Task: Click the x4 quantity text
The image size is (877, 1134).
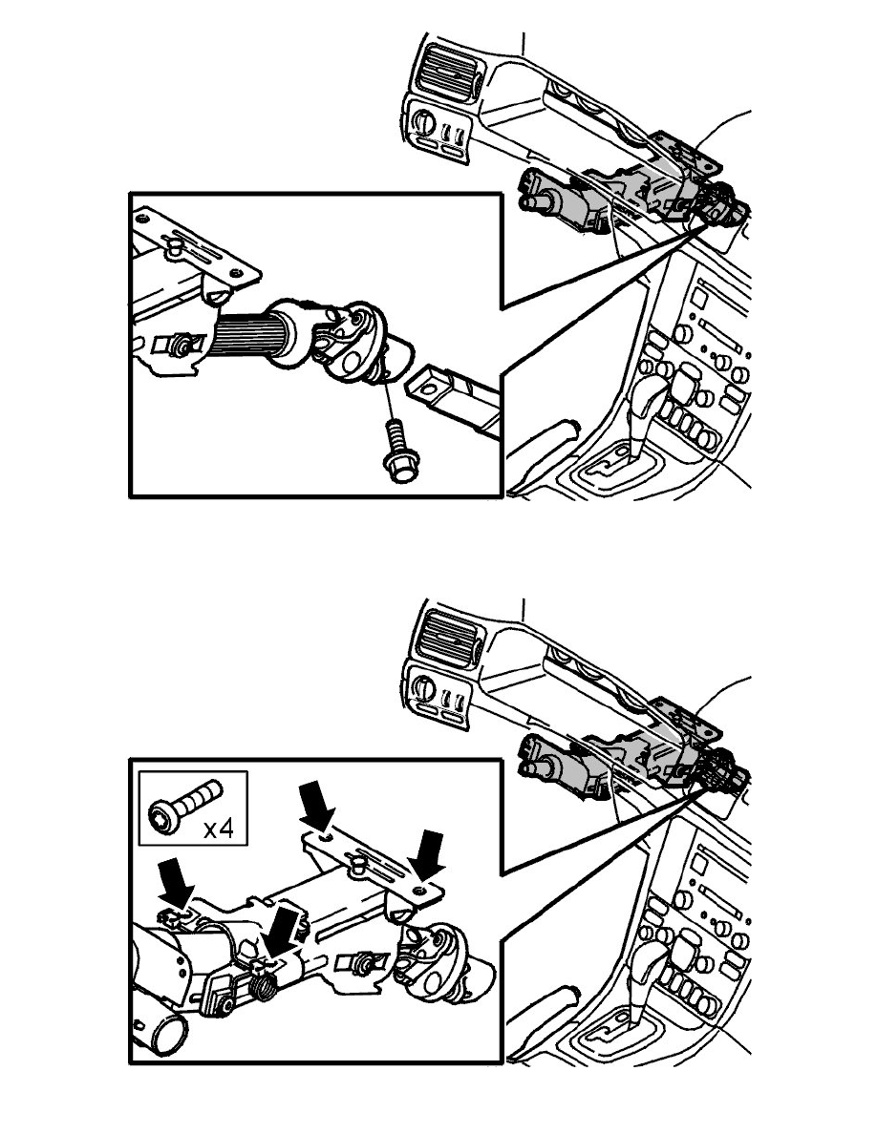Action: click(x=219, y=829)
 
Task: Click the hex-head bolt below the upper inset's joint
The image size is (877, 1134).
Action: click(x=396, y=451)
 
